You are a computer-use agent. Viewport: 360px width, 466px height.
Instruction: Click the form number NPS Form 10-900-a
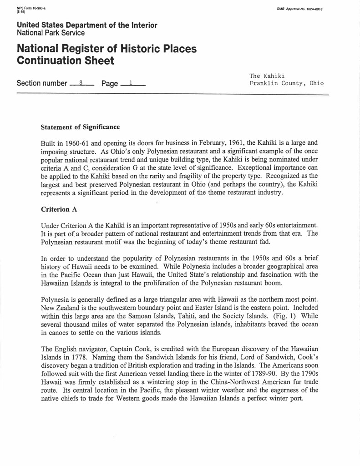(27, 8)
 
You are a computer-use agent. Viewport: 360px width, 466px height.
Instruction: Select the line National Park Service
(51, 33)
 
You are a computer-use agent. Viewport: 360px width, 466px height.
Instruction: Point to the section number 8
(81, 83)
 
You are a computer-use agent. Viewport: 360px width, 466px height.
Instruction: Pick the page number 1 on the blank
(131, 83)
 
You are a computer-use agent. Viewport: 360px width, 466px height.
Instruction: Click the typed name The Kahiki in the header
(267, 76)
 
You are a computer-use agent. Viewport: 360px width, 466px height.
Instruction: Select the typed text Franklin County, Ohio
(286, 83)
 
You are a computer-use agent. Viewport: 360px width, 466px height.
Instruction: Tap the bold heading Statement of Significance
(80, 127)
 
